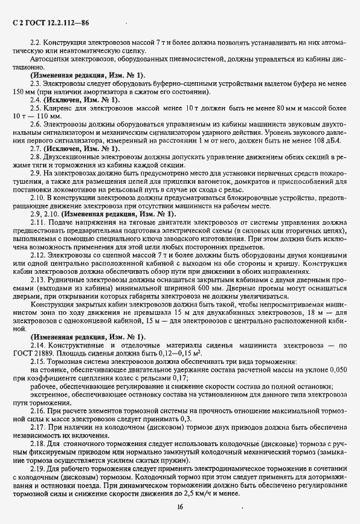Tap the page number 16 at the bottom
point(179,506)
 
